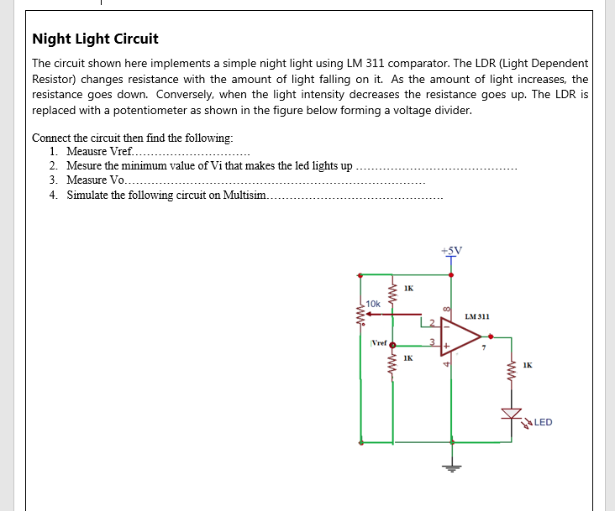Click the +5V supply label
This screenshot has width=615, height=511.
click(451, 250)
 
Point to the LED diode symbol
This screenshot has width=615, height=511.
click(512, 414)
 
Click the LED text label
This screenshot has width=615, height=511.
click(543, 422)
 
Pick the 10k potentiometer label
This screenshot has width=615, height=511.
click(372, 303)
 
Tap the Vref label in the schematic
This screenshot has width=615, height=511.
click(379, 343)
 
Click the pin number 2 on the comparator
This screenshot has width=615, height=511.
click(432, 322)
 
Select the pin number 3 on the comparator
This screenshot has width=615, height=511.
click(432, 342)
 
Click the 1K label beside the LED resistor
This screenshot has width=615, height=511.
click(527, 365)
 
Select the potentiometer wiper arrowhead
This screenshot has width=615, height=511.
click(371, 314)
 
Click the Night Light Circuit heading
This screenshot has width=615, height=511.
click(95, 39)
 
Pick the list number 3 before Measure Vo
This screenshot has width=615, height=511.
click(53, 180)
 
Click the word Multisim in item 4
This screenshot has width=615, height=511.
click(243, 195)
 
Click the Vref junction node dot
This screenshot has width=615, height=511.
click(392, 344)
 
